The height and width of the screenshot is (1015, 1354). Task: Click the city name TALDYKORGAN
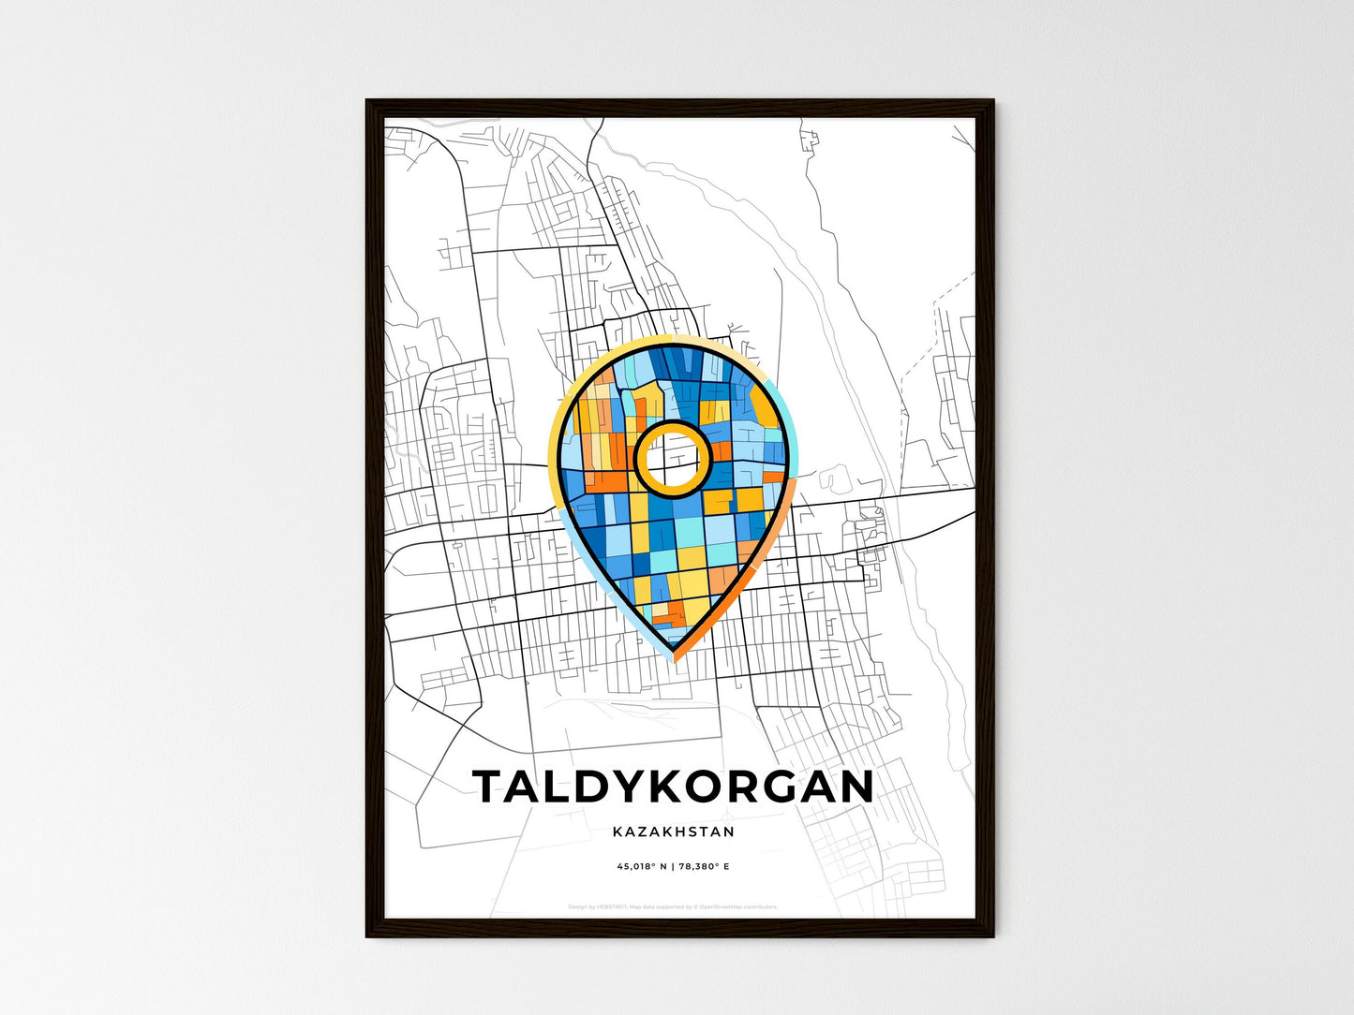click(674, 787)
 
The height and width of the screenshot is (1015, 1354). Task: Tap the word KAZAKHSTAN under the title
click(674, 831)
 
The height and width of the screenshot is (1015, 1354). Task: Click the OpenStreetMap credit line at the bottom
click(673, 906)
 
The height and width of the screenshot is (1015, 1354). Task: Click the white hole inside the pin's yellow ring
click(671, 458)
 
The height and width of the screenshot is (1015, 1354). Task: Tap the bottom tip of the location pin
click(674, 652)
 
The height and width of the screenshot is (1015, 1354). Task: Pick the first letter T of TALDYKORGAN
click(491, 787)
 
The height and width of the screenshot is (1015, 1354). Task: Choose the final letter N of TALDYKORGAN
click(855, 787)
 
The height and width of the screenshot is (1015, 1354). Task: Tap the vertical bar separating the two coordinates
click(673, 867)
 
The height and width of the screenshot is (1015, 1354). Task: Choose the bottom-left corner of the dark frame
click(367, 935)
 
